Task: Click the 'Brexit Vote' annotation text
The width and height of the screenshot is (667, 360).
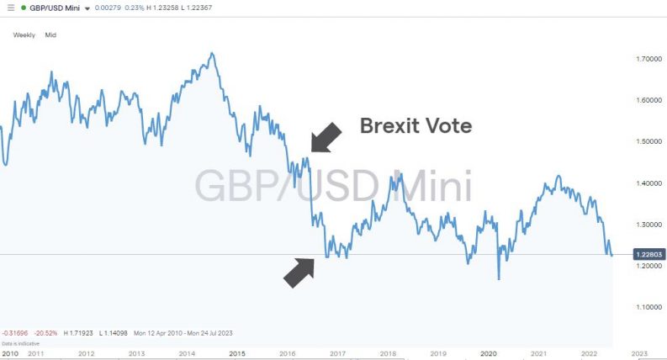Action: pos(416,126)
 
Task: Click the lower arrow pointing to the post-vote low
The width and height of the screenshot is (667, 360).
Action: pos(299,272)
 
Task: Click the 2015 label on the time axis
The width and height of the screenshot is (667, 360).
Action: pos(237,354)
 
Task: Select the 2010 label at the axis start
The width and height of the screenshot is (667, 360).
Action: pos(10,354)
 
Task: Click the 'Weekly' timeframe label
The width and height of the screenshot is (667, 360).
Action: pos(23,35)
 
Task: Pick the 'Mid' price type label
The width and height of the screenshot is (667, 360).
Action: pos(50,35)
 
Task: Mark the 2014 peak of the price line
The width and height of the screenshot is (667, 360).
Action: pos(211,54)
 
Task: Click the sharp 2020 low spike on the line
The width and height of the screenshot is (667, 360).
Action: pos(498,278)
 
